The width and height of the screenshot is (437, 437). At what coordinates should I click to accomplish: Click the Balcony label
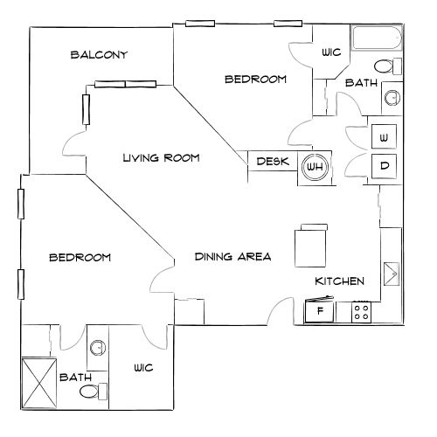coord(99,55)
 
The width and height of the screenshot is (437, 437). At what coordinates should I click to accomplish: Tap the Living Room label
coord(161,158)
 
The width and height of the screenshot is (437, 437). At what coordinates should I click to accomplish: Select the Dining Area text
coord(232,257)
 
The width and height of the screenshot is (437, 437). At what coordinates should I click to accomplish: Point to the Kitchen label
coord(340,281)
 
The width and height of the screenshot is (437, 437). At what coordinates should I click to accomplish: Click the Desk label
coord(273,161)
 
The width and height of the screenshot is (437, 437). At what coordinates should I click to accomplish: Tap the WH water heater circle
coord(315,167)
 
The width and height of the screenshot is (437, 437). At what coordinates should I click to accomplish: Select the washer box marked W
coord(384,136)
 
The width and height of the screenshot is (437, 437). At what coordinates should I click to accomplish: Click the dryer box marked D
coord(384,166)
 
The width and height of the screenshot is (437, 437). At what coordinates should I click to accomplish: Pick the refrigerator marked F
coord(319,310)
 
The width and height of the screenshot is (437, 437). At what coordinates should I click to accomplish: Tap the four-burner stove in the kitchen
coord(361,312)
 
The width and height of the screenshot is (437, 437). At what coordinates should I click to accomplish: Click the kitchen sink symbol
coord(392,274)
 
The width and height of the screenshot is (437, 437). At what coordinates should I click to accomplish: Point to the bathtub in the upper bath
coord(377,38)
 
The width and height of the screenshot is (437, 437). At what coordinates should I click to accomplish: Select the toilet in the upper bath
coord(388,66)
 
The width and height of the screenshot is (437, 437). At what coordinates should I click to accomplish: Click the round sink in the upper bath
coord(392,98)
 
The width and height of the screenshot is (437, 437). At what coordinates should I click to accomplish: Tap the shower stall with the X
coord(39,383)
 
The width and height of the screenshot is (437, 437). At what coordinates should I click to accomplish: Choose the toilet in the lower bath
coord(94,392)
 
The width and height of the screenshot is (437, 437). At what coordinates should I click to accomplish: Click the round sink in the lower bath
coord(98,348)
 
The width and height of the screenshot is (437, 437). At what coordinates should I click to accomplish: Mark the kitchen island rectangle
coord(310,246)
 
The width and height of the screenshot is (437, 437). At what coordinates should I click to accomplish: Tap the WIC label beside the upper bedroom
coord(331,52)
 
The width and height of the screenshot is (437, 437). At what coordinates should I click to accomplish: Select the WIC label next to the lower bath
coord(143,368)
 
